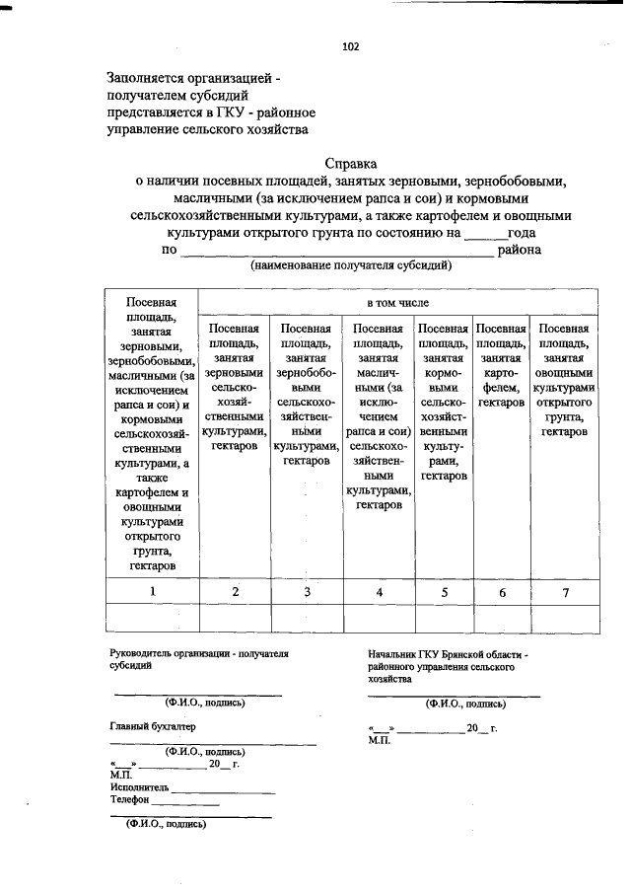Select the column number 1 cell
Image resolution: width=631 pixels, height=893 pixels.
pos(152,591)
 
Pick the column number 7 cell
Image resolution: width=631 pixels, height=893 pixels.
pos(565,592)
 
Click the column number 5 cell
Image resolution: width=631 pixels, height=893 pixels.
pos(444,592)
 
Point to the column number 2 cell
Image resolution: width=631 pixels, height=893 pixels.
pos(235,591)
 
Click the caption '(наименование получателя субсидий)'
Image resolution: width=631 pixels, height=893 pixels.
pos(351,265)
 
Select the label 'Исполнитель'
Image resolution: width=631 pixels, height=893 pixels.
pos(139,786)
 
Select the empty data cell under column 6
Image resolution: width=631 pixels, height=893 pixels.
pos(502,618)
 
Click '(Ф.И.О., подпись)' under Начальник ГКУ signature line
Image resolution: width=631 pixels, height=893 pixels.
pos(465,705)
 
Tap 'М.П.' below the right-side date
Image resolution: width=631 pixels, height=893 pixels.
pos(378,739)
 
